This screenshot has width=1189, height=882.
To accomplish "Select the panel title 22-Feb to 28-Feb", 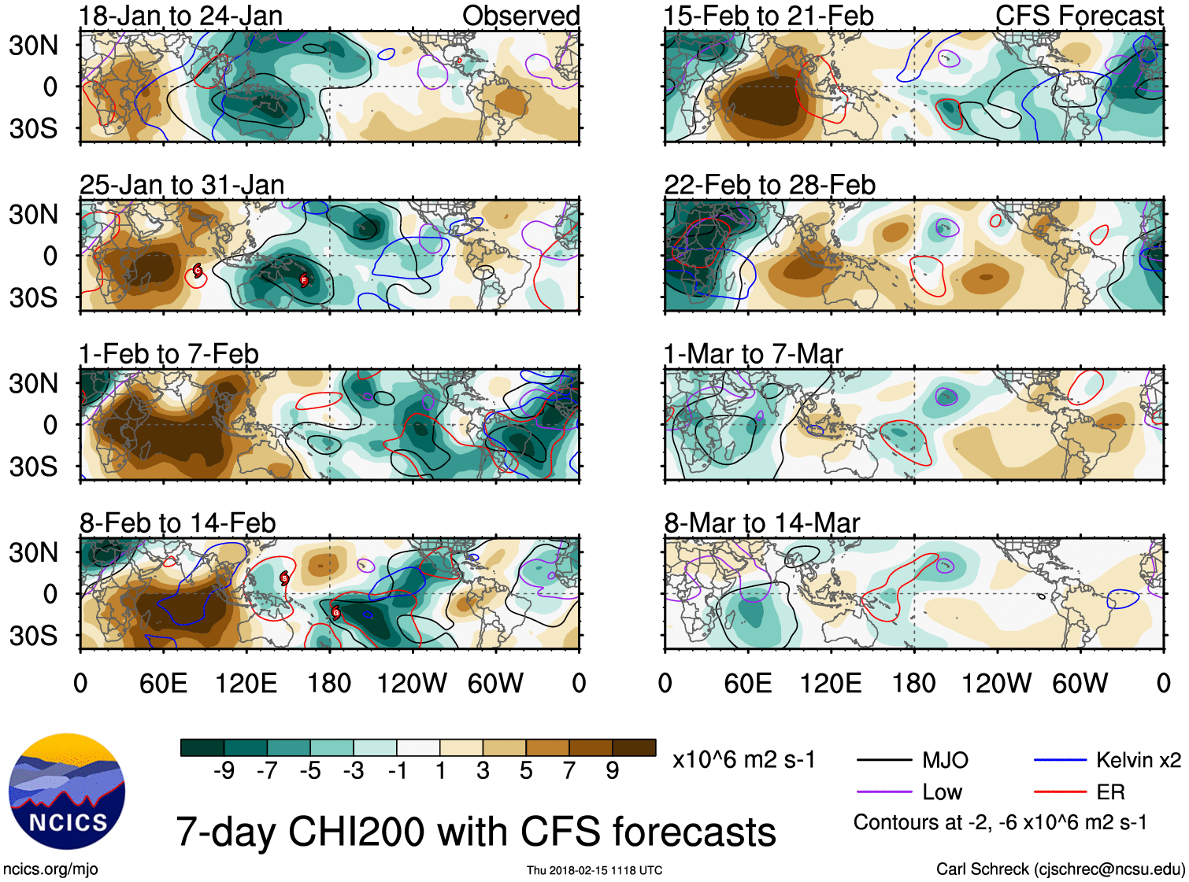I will point(769,185).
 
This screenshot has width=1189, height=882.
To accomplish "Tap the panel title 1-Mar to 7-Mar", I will point(753,354).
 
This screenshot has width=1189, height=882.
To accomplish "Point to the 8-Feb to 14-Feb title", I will point(178,523).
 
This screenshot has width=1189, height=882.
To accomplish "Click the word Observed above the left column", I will point(520,16).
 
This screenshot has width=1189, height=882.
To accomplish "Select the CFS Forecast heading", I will point(1079,16).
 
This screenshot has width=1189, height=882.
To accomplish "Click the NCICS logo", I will point(67,792).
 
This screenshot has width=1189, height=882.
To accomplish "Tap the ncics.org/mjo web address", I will point(50,869).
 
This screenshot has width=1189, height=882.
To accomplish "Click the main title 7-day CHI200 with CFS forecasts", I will point(476,832).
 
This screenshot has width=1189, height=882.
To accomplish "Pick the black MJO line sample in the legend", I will point(885,760).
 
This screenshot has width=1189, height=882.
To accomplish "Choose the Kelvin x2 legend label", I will point(1138,760).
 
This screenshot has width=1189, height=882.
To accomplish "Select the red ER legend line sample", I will point(1060,792).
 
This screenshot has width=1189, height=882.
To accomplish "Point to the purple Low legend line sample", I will point(885,792).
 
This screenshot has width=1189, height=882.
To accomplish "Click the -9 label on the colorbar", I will point(224,771).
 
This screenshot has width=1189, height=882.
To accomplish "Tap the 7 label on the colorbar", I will point(569,771).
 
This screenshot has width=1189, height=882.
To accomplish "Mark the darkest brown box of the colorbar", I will point(634,747).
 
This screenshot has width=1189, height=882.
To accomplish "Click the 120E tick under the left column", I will point(246,683).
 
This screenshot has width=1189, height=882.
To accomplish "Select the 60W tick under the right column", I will point(1080,683).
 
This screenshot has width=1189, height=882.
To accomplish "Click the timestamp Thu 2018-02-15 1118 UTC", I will point(594,870).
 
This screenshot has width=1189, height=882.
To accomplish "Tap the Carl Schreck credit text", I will point(1060,869).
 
